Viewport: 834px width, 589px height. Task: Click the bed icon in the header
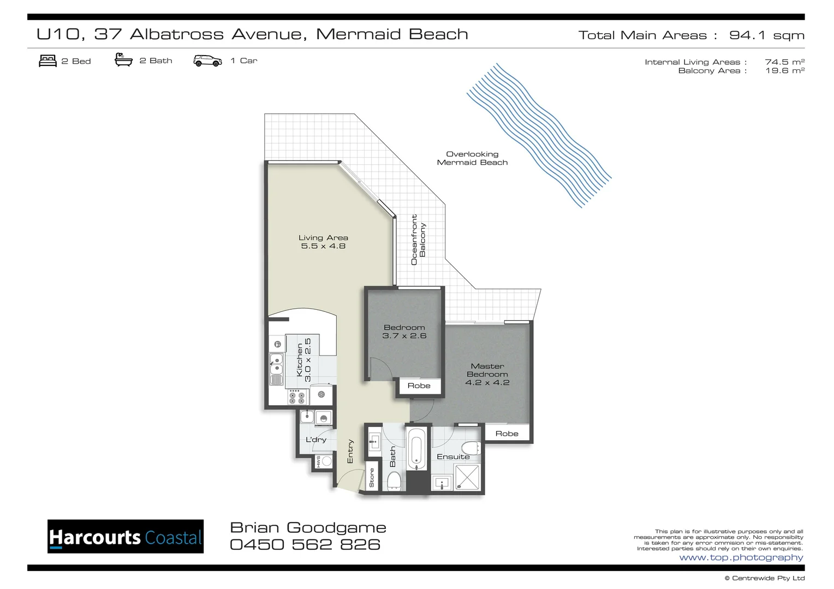pos(47,61)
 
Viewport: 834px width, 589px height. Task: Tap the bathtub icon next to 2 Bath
pos(123,60)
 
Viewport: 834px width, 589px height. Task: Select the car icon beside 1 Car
pos(207,61)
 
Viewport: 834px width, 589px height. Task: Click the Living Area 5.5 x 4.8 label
pos(323,242)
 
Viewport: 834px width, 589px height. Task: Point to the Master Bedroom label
pos(487,374)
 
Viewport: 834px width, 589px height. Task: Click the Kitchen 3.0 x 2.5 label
pos(303,360)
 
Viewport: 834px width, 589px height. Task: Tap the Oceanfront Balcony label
pos(418,239)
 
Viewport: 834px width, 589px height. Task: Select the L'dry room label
pos(315,440)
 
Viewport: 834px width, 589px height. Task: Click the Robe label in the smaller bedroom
pos(419,386)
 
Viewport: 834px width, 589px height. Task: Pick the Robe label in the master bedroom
pos(507,434)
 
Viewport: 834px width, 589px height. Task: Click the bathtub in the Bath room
pos(416,449)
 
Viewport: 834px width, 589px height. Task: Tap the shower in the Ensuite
pos(467,477)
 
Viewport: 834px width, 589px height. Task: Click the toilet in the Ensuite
pos(471,448)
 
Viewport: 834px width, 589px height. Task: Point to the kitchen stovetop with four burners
pos(297,396)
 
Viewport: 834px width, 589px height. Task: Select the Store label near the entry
pos(372,478)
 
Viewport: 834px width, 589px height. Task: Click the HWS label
pos(318,461)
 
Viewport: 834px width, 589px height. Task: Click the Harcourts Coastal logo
pos(126,537)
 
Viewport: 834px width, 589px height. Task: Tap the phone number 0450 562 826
pos(305,544)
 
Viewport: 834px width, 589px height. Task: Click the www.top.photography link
pos(741,557)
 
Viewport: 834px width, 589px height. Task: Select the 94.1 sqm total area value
pos(766,35)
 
